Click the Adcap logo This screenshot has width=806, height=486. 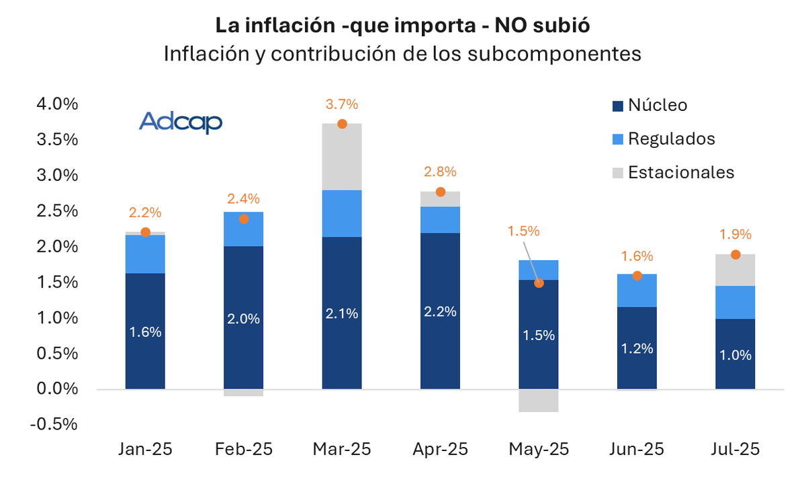point(180,122)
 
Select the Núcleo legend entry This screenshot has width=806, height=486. point(649,106)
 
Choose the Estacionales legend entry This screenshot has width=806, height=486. point(672,172)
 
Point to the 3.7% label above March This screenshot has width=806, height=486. point(342,104)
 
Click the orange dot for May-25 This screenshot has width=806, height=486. point(539,283)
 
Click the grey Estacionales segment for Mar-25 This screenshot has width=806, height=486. point(342,157)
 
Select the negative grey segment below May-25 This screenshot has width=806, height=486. point(539,401)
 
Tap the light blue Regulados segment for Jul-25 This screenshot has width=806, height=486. point(735,302)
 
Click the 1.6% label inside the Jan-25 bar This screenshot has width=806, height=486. point(145,332)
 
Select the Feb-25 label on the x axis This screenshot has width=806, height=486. point(243,449)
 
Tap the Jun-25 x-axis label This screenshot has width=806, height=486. point(637,449)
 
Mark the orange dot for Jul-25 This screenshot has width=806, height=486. point(735,255)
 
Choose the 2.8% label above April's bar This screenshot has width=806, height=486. point(440,171)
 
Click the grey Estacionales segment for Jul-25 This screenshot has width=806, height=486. point(735,270)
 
